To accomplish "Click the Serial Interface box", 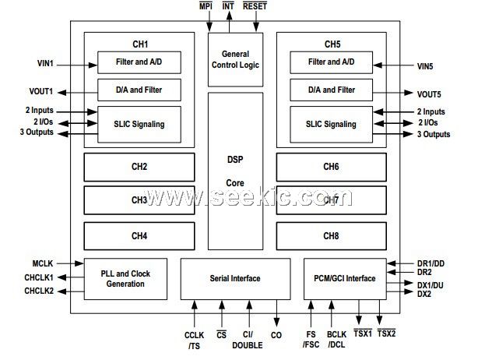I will [x=235, y=278].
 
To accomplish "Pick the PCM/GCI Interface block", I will [x=345, y=278].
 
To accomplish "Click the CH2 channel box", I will [x=139, y=167].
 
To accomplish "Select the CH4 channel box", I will [x=139, y=235].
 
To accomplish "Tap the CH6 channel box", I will [x=331, y=167].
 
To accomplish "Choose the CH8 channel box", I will [x=331, y=235].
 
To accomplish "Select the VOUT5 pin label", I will [x=424, y=94].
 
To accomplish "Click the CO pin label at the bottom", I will [x=277, y=335].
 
